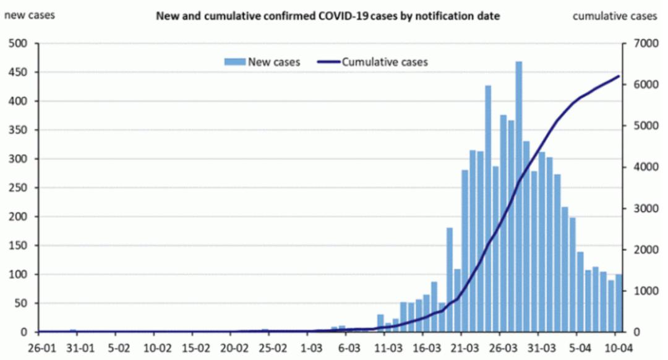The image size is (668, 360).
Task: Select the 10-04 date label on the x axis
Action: tap(617, 348)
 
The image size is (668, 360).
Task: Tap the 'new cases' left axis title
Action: tap(29, 15)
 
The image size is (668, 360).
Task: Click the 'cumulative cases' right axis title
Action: tap(614, 16)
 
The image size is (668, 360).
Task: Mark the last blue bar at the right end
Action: tap(619, 303)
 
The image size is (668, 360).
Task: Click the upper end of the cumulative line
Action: tap(619, 76)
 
